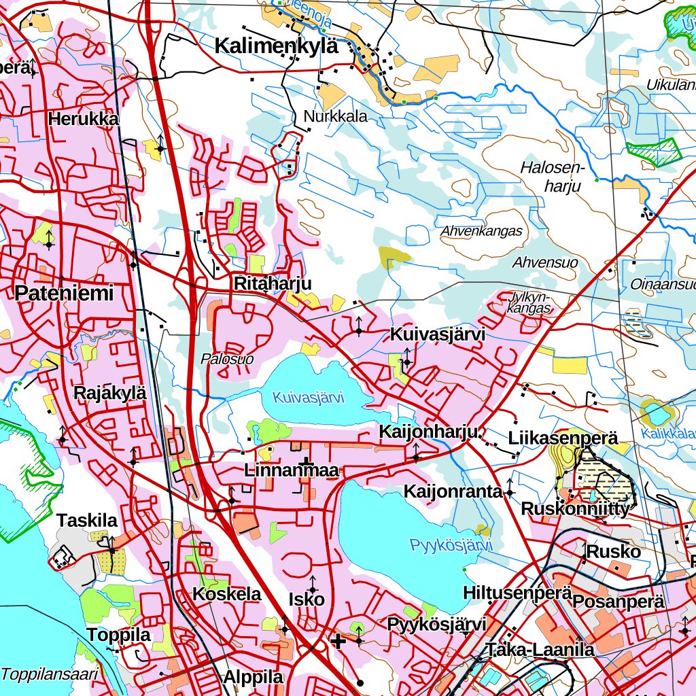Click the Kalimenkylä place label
276,46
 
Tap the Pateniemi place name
64,294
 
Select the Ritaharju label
272,283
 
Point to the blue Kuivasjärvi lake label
309,398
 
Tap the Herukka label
83,119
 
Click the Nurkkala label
336,116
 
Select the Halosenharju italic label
552,176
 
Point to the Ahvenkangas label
481,231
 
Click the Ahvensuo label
546,262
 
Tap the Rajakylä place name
109,394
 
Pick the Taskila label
87,521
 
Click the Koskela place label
227,594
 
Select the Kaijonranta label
453,491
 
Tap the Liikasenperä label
563,438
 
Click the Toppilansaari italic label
50,674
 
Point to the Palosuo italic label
227,359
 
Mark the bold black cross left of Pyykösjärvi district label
338,640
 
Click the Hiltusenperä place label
517,593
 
